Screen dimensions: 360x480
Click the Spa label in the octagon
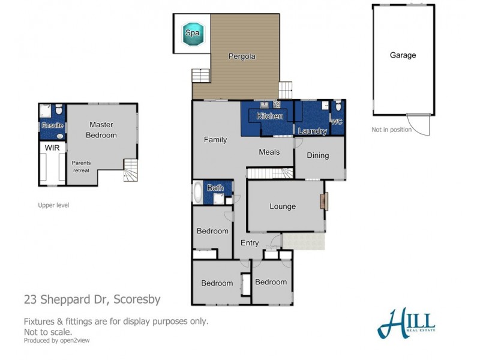click(193, 32)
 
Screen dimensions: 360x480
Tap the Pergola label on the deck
click(242, 56)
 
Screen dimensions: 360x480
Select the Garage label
click(403, 55)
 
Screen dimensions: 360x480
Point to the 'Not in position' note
click(392, 130)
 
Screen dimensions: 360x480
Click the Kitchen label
click(269, 116)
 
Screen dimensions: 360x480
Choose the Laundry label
click(313, 131)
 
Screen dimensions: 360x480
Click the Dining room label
click(318, 155)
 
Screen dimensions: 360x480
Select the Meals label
click(269, 152)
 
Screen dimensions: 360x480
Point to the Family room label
click(215, 140)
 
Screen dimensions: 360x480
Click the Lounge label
click(283, 206)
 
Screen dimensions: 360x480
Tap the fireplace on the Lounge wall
click(325, 201)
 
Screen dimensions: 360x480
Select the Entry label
click(250, 243)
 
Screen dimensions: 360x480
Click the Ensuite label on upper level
click(52, 125)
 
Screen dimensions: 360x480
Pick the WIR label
click(52, 146)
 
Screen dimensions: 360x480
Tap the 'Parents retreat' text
click(81, 166)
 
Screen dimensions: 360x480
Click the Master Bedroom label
click(102, 130)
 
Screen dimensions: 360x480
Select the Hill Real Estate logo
click(408, 323)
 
